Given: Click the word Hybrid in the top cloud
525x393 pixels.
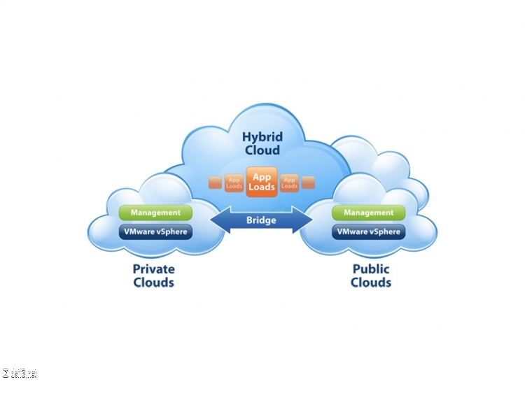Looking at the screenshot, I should (x=261, y=136).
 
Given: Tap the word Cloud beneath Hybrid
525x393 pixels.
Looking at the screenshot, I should (x=261, y=150).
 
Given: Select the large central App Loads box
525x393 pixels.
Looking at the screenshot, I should (x=262, y=183).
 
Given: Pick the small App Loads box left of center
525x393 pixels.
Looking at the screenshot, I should (x=234, y=183).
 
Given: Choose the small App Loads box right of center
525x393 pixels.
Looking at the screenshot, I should (x=289, y=183).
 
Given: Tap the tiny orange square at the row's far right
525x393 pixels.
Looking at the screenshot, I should (x=308, y=183).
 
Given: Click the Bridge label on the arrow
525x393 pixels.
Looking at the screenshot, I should (x=262, y=220).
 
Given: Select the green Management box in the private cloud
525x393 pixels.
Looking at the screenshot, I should (x=155, y=213).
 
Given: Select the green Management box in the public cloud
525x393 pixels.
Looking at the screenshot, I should (x=369, y=213).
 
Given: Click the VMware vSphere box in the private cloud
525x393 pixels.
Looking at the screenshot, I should (x=155, y=231).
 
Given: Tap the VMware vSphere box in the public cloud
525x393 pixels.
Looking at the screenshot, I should (x=369, y=231).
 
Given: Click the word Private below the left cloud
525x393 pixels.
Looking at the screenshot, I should (x=153, y=269).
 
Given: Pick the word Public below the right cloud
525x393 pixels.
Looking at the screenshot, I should (x=370, y=269).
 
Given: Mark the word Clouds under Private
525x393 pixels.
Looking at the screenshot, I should (x=153, y=283).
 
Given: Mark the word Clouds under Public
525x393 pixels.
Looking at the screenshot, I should (x=370, y=283).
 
